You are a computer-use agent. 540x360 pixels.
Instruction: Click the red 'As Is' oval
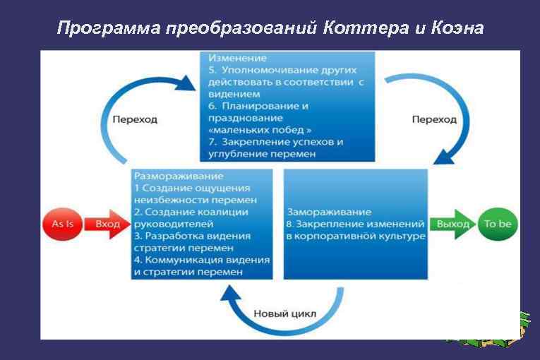(63, 224)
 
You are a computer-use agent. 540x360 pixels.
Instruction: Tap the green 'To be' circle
(498, 224)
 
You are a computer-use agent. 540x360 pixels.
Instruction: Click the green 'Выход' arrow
(452, 224)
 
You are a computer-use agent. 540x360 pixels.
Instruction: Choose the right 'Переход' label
(433, 119)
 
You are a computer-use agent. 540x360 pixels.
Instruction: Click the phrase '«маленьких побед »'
(260, 130)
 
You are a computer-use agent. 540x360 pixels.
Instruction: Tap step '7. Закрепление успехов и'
(276, 142)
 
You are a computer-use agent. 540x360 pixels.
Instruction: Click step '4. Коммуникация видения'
(201, 260)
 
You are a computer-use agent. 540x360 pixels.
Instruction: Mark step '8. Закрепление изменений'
(354, 224)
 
